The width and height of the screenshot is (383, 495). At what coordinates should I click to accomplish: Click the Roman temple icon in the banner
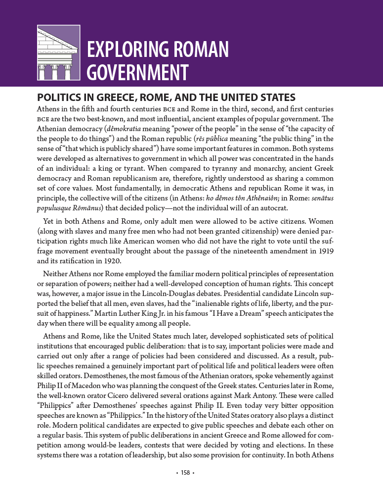point(58,52)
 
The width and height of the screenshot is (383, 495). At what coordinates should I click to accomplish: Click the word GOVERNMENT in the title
point(138,72)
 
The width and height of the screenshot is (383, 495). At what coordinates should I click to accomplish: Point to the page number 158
point(185,473)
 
